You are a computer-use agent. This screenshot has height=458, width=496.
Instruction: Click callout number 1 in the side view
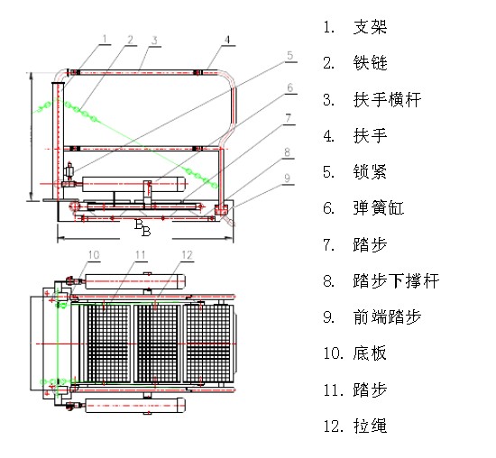[x=105, y=39]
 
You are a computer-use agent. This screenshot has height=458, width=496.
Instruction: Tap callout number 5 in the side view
[x=290, y=55]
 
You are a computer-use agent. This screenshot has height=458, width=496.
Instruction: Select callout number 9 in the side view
[x=287, y=178]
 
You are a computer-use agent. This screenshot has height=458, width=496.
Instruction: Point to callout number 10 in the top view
[x=94, y=255]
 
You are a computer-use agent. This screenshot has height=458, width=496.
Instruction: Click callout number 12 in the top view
[x=187, y=255]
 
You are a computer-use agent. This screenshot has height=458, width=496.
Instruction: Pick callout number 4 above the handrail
[x=227, y=40]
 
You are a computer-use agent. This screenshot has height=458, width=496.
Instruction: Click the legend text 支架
[x=370, y=26]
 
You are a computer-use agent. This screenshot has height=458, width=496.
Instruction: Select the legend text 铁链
[x=370, y=62]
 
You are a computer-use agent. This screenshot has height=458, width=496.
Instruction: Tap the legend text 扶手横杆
[x=387, y=100]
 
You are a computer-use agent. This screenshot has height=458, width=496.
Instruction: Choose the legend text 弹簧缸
[x=379, y=208]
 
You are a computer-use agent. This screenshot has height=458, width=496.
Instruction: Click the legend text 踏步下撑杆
[x=396, y=280]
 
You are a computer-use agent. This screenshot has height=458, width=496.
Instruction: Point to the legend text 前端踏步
[x=387, y=316]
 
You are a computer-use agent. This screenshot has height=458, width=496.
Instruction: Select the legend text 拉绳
[x=370, y=426]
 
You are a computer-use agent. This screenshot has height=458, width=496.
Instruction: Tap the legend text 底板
[x=370, y=353]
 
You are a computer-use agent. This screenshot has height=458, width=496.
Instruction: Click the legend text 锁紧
[x=370, y=171]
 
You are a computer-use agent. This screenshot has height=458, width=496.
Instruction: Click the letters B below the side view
[x=142, y=227]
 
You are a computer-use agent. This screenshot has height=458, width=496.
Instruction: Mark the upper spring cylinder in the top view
[x=135, y=281]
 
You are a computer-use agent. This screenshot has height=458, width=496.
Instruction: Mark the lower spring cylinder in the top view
[x=135, y=405]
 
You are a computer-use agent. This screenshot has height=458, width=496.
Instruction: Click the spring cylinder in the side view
[x=133, y=184]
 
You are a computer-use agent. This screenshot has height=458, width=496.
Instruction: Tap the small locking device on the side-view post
[x=69, y=171]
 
